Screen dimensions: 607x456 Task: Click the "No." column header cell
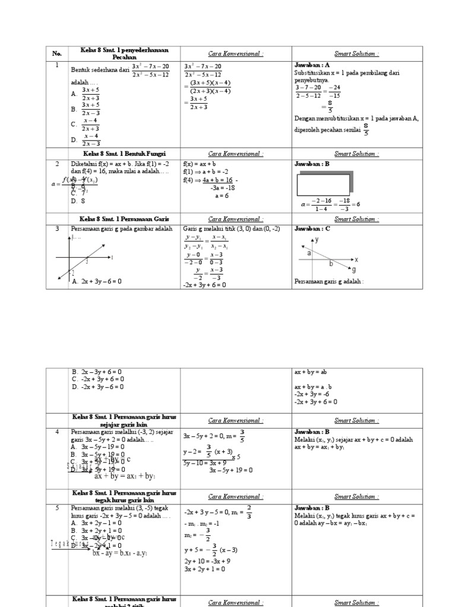(57, 53)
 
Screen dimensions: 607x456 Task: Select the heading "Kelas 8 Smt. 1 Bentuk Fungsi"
(119, 154)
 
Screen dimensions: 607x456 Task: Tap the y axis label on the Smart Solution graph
(317, 240)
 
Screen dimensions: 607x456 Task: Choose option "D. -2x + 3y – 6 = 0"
(97, 387)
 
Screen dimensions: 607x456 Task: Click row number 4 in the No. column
(57, 432)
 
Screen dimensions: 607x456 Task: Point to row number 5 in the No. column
(57, 508)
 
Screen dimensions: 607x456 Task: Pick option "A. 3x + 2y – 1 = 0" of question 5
(96, 523)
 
